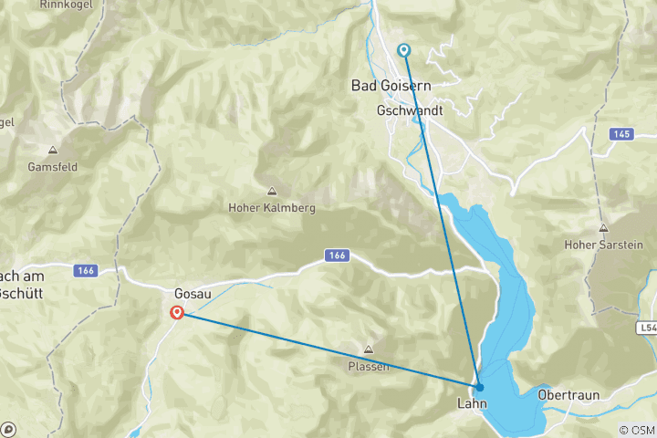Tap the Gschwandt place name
(409, 110)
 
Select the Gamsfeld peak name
(54, 167)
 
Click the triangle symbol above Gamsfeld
(53, 151)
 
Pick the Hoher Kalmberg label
(271, 208)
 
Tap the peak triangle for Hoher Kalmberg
(271, 192)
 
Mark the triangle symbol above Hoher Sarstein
(602, 228)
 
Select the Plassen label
(369, 366)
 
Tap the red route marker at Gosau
(177, 312)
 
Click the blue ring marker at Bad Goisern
(403, 50)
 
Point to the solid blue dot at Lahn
(479, 387)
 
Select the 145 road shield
(622, 134)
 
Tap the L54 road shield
(645, 326)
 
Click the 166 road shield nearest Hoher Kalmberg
(336, 256)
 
